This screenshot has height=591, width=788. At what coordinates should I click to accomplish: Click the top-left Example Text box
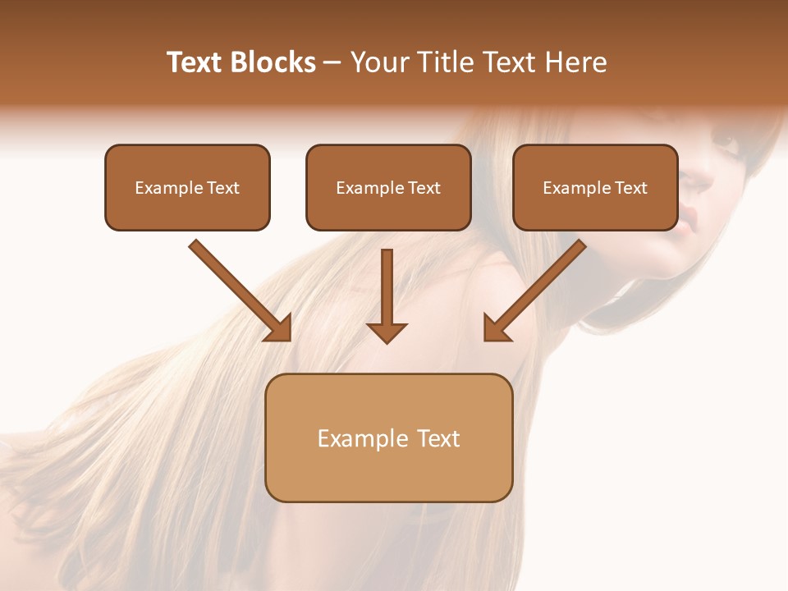(187, 187)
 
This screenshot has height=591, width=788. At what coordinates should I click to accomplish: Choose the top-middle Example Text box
(388, 187)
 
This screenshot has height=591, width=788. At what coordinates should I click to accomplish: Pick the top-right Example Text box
(595, 187)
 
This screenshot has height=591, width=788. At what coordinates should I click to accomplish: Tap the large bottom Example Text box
(388, 438)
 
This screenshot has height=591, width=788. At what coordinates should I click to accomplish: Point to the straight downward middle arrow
(387, 291)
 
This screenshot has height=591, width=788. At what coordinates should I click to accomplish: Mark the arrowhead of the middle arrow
(387, 332)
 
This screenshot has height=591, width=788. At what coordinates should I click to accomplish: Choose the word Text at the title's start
(195, 62)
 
